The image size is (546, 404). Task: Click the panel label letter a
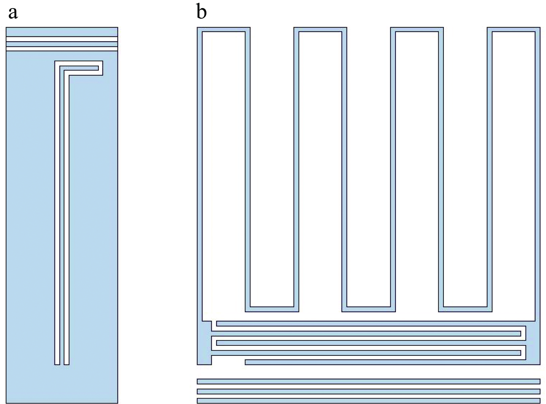point(13,13)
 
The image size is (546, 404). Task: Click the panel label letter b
point(201,11)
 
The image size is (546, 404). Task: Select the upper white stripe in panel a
point(62,39)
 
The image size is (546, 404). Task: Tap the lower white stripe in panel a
point(62,49)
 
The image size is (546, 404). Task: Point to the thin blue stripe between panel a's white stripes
point(62,44)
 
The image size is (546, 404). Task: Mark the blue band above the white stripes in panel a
point(62,32)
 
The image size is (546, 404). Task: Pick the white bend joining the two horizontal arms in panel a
point(101,68)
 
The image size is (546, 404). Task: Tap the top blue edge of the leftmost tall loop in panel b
point(223,29)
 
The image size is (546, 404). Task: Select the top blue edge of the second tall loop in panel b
point(320,29)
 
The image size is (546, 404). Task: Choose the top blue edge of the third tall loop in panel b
point(417,29)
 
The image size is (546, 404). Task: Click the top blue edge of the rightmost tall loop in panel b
point(514,29)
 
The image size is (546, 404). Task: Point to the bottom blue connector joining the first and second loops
point(272,309)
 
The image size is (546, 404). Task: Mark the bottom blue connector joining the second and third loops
point(369,309)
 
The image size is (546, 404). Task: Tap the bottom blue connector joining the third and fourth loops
point(466,309)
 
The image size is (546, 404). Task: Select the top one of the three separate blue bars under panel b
point(368,381)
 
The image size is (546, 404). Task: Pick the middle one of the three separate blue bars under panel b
point(368,392)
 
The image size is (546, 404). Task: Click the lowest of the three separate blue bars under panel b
point(368,401)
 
